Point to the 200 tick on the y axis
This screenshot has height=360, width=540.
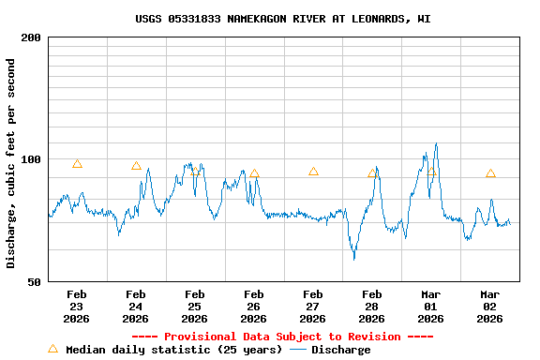coord(31,37)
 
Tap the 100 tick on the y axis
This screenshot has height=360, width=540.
coord(31,159)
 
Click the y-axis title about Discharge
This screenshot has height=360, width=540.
coord(11,163)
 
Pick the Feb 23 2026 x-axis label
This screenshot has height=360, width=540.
coord(77,306)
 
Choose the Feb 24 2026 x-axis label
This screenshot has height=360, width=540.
coord(136,306)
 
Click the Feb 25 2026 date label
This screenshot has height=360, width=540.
coord(195,306)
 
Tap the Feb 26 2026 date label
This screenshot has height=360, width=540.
coord(254,306)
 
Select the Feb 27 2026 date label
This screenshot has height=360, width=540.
coord(313,306)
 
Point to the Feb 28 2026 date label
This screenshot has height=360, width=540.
coord(372,306)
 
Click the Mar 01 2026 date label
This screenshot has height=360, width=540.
coord(431,306)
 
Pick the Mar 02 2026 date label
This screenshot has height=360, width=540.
coord(490,306)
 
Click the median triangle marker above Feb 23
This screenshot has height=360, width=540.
coord(77,164)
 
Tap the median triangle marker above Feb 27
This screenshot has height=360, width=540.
coord(313,172)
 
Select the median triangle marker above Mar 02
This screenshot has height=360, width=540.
coord(490,173)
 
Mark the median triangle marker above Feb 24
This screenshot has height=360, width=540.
coord(136,166)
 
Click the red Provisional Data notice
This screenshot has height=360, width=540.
coord(283,337)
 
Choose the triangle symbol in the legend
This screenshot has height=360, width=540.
coord(52,349)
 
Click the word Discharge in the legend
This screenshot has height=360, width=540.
coord(340,350)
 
